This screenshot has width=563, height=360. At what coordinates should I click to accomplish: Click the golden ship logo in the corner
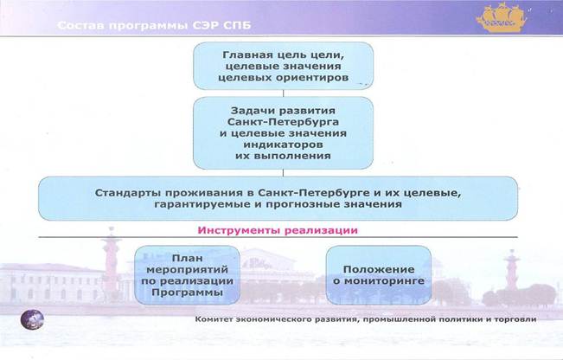[501, 17]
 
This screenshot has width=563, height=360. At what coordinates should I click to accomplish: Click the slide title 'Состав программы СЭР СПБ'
[154, 25]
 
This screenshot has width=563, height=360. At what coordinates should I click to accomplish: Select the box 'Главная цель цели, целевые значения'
[284, 66]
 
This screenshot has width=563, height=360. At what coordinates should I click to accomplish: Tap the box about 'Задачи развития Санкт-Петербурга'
[284, 133]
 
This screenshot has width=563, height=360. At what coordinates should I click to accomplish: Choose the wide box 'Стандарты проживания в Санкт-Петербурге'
[278, 198]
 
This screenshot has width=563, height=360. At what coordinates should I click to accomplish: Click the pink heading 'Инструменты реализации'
[278, 230]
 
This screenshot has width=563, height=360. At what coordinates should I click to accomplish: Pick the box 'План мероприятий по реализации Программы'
[187, 275]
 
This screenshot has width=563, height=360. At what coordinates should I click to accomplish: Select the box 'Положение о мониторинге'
[379, 275]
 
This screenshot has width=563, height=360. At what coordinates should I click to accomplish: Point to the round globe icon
[32, 319]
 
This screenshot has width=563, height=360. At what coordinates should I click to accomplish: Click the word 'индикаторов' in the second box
[283, 145]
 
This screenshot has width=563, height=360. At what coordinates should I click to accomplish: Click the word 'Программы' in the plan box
[187, 292]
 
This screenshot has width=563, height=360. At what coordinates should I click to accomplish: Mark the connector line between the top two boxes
[284, 93]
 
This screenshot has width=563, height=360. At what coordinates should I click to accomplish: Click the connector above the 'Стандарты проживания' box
[284, 173]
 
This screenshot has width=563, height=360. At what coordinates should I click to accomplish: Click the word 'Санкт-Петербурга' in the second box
[283, 122]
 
